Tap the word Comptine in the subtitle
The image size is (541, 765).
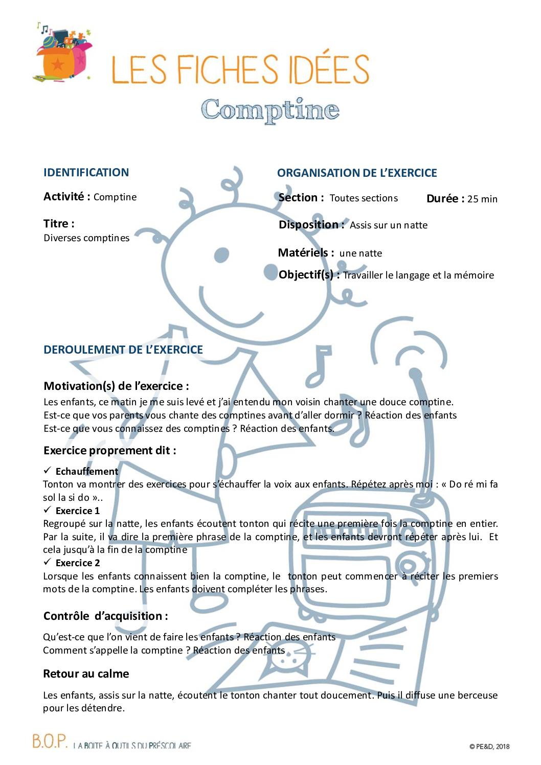coord(270,109)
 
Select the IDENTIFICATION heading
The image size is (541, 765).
coord(86,173)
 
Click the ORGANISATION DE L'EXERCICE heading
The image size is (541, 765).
coord(357,173)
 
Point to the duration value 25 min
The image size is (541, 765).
coord(482,199)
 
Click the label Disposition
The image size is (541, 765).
coord(309,225)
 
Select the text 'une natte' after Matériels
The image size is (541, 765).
coord(360,253)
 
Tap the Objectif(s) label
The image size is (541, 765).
coord(306,275)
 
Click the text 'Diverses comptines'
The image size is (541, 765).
coord(86,238)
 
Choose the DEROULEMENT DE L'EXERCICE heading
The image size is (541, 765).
coord(123,350)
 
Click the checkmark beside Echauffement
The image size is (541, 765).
coord(47,470)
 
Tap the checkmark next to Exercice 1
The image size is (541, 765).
coord(47,509)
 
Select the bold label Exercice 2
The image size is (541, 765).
coord(78,563)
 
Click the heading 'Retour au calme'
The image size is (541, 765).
coord(86,674)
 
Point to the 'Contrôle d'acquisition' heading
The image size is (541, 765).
coord(105,616)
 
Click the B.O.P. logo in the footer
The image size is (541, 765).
coord(50,741)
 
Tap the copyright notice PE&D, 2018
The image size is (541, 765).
coord(489,747)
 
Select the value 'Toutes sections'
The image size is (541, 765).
coord(364,198)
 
